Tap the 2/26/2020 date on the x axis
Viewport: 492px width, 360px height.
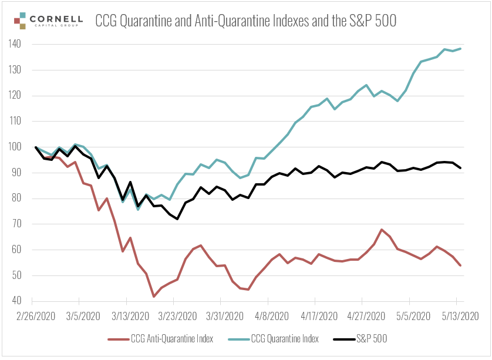click(x=36, y=315)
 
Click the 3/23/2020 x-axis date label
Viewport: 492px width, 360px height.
click(x=178, y=315)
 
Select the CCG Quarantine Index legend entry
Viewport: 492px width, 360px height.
click(x=284, y=338)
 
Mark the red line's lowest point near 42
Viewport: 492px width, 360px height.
click(x=154, y=297)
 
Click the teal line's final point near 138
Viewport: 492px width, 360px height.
click(x=460, y=48)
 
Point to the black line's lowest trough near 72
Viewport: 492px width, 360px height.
click(x=177, y=219)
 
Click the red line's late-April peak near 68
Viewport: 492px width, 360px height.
click(x=382, y=230)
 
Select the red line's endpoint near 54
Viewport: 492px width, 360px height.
click(x=460, y=265)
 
